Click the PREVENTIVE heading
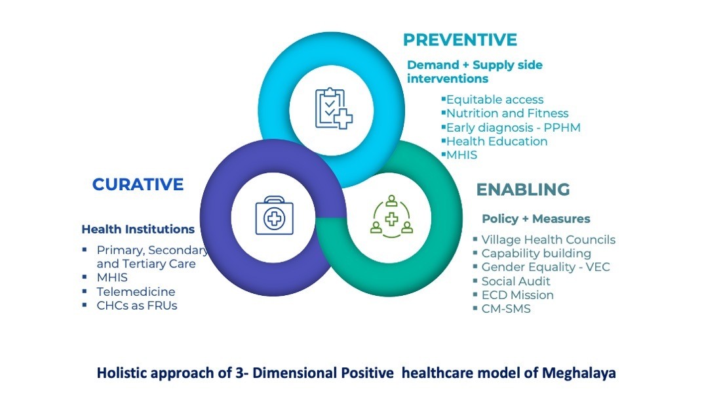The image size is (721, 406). (x=459, y=39)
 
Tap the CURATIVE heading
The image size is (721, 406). (x=138, y=184)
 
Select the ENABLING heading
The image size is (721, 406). (x=522, y=190)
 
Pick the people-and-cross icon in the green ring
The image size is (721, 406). (x=391, y=216)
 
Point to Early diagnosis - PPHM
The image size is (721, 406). (x=513, y=127)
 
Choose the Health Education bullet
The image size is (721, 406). (x=496, y=141)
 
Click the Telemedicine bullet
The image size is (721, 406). (x=136, y=291)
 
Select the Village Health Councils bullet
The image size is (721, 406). (x=548, y=239)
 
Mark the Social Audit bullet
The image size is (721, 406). (x=515, y=281)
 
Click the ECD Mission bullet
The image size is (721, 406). (x=517, y=294)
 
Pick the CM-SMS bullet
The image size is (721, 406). (x=505, y=308)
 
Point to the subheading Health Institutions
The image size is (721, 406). (x=138, y=230)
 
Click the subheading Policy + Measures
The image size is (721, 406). (x=536, y=218)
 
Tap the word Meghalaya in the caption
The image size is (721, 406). (x=579, y=373)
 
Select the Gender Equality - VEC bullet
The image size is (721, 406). (x=545, y=267)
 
